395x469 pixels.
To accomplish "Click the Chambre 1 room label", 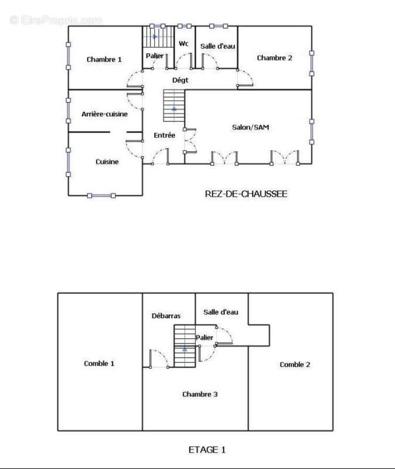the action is (104, 59).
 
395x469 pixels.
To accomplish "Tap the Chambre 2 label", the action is (274, 57).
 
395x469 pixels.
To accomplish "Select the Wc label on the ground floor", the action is (183, 43).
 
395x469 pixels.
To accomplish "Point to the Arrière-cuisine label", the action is (104, 114).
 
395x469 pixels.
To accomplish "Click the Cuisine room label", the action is (107, 162).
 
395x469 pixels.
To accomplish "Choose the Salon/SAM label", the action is (251, 127).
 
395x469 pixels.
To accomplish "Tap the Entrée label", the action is (165, 135).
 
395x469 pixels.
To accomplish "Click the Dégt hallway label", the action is (181, 80).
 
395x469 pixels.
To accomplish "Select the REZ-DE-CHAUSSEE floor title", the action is (246, 194).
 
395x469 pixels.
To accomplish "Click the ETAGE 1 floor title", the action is (207, 450).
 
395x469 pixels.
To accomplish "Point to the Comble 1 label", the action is (99, 363).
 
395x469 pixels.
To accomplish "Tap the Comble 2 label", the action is (295, 365).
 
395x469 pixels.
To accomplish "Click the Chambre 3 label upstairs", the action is (200, 394).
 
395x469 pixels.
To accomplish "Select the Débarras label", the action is (166, 316).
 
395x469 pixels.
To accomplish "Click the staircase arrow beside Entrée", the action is (174, 109).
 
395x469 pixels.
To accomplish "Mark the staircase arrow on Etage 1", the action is (185, 348).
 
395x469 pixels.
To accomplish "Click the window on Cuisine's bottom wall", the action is (101, 196).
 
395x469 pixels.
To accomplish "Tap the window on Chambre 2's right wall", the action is (312, 63).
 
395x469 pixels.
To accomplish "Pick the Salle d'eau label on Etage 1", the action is (221, 312).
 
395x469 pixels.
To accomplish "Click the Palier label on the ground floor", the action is (155, 56).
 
